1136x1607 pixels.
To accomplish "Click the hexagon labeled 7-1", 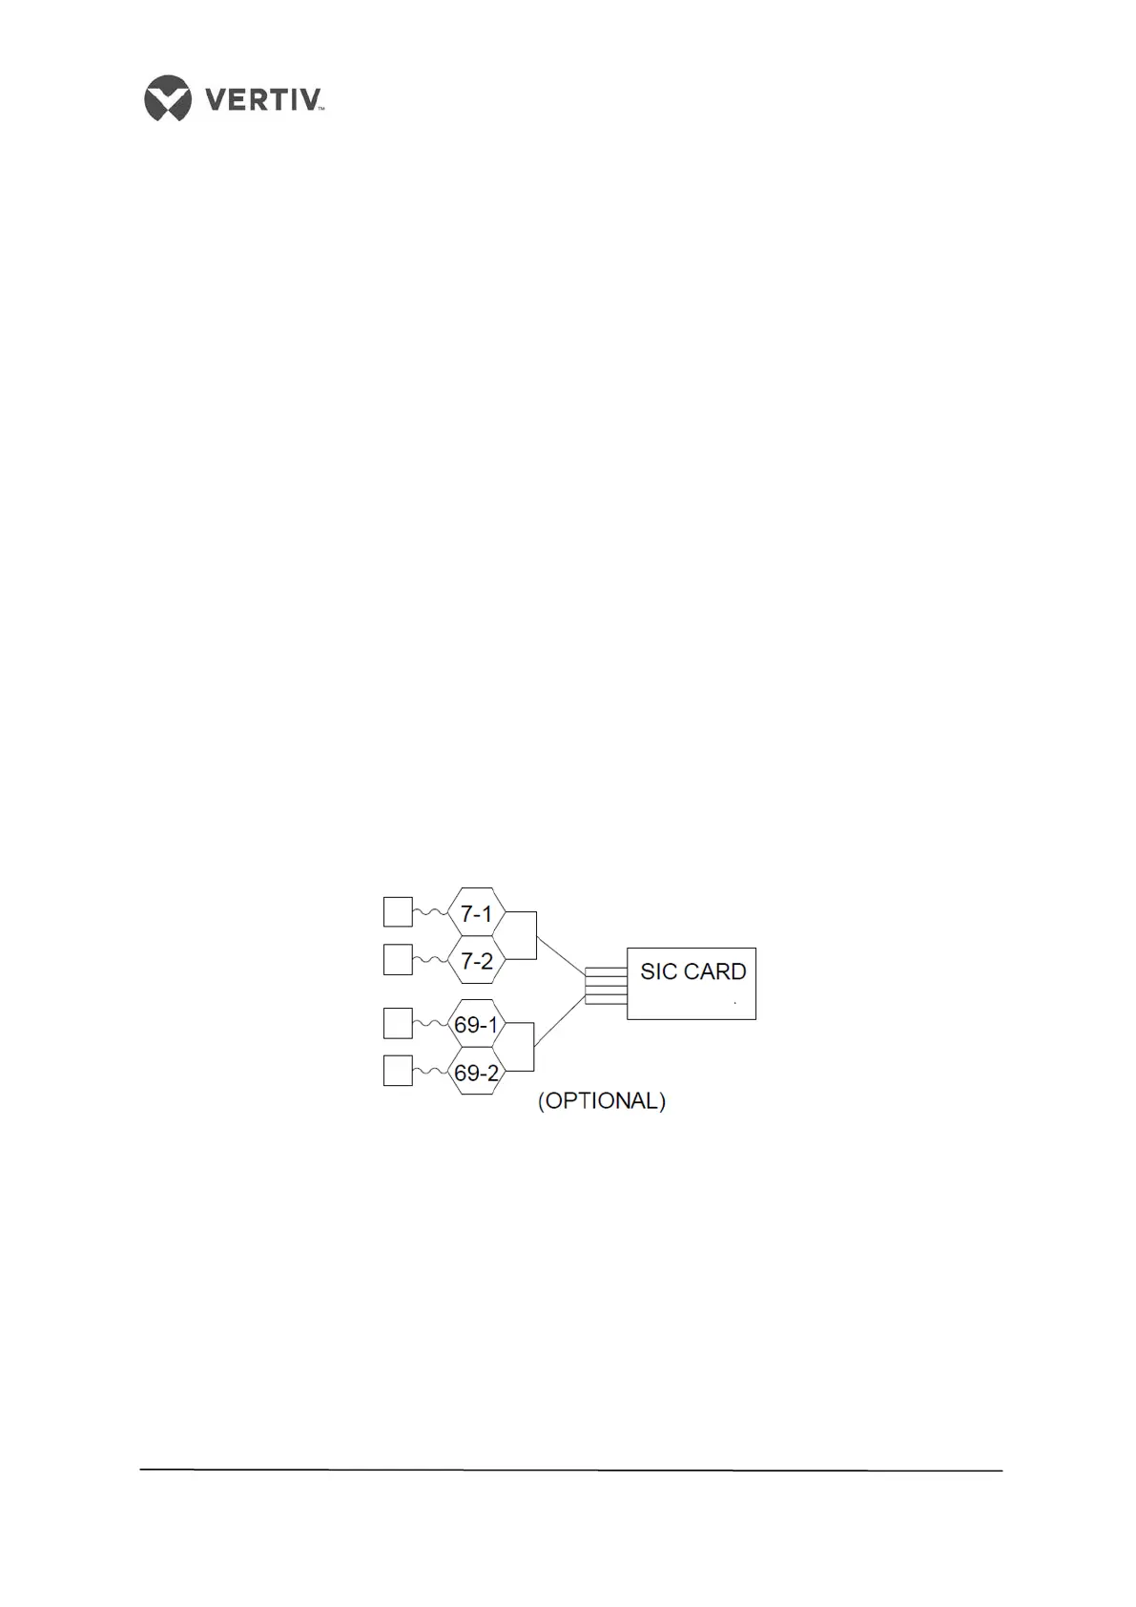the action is [476, 913].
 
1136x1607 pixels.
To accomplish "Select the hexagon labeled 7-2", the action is [476, 960].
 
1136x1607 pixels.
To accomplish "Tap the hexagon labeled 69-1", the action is [476, 1025].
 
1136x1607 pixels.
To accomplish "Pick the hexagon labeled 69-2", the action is [476, 1072].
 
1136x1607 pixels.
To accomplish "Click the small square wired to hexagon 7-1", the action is [398, 911].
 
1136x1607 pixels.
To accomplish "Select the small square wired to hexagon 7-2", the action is [398, 959].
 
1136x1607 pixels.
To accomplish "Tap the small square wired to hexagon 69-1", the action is [398, 1023].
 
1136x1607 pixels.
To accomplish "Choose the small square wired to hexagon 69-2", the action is [398, 1071].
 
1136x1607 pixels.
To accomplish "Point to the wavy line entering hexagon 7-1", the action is [430, 913].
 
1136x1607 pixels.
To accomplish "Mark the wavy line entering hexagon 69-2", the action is [430, 1073].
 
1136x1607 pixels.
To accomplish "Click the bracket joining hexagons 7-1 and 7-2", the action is [535, 935].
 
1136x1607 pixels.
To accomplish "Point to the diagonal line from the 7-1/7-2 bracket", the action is [561, 955].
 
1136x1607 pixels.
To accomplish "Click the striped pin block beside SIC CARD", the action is [606, 986].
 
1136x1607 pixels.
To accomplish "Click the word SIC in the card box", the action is [658, 971].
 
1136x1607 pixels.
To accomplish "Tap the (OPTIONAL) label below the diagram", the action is [602, 1100].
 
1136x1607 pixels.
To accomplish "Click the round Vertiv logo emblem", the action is [168, 97].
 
